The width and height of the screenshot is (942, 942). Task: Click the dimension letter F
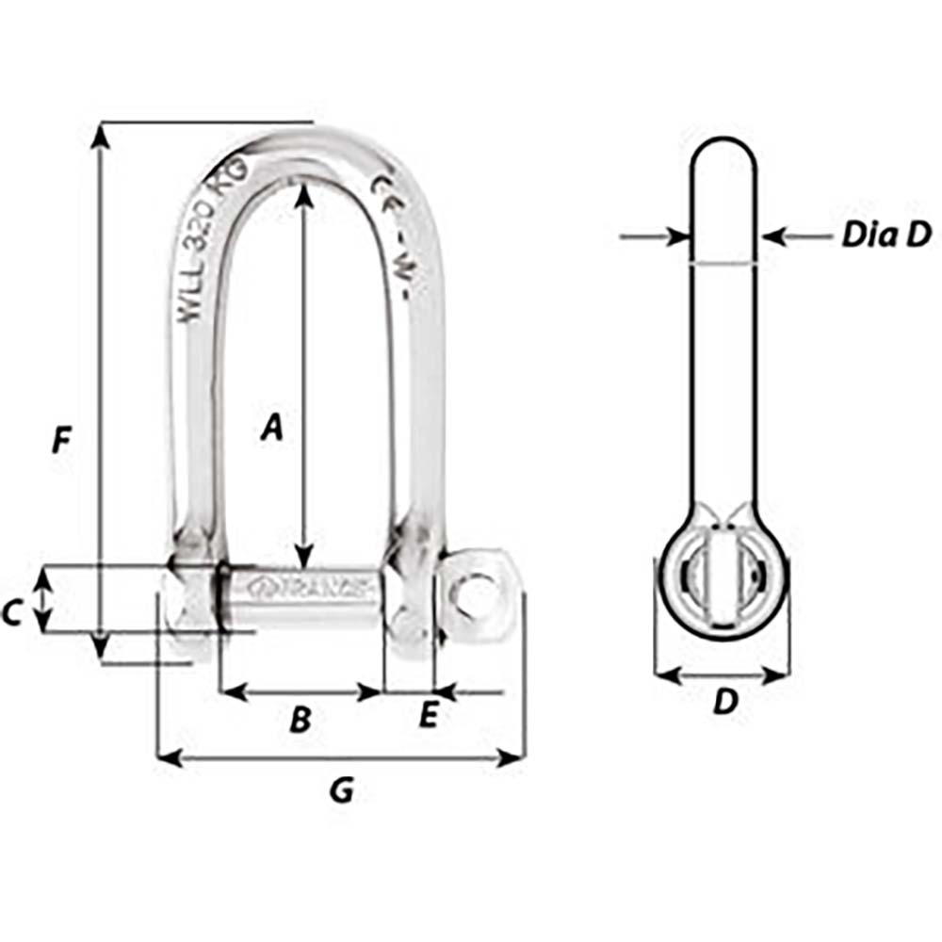[x=61, y=440]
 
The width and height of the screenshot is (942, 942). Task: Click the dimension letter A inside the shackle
[x=271, y=428]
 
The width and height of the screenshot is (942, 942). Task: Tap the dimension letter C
[x=11, y=613]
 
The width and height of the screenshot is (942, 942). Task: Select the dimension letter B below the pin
[x=300, y=721]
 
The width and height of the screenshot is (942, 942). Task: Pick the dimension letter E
[x=427, y=717]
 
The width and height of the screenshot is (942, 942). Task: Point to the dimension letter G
[x=341, y=791]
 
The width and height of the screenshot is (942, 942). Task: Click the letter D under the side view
[x=723, y=702]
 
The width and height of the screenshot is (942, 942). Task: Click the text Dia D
[x=885, y=235]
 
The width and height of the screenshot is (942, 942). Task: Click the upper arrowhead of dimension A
[x=303, y=193]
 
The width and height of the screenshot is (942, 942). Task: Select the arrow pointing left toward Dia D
[x=775, y=236]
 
